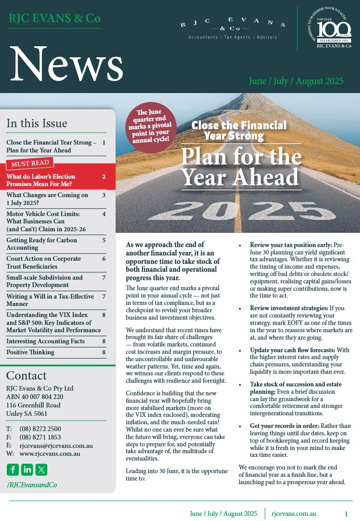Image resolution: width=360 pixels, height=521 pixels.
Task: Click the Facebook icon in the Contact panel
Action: pos(13,469)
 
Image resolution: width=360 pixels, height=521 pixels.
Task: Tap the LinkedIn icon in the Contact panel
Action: pos(27,469)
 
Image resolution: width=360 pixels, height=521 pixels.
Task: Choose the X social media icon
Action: pos(41,469)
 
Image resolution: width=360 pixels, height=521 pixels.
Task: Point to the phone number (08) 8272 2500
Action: pos(40,429)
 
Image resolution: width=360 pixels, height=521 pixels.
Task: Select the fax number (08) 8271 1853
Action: pos(40,437)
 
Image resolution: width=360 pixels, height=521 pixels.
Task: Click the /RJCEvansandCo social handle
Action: pos(32,485)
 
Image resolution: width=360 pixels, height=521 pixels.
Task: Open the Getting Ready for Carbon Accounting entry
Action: pos(42,244)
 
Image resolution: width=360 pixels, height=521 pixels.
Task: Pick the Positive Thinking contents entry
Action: pos(30,352)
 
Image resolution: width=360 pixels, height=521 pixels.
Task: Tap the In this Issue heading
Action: pos(37,124)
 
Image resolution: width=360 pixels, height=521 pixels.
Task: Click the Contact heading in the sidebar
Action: pos(26,376)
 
